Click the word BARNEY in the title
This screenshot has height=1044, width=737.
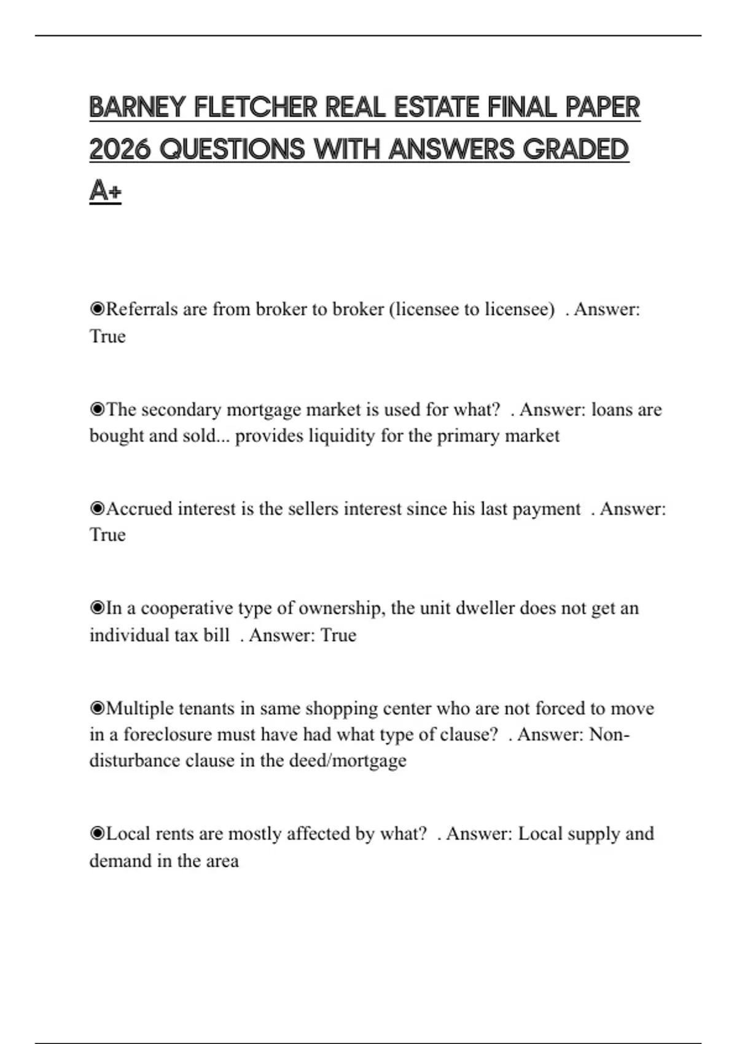pos(137,107)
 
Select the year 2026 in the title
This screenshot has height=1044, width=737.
pos(120,149)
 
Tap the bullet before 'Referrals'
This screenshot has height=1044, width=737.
pos(97,309)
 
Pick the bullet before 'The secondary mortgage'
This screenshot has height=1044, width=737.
pos(97,410)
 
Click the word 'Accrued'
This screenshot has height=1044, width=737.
pos(139,509)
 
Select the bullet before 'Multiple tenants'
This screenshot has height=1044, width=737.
pos(97,709)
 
